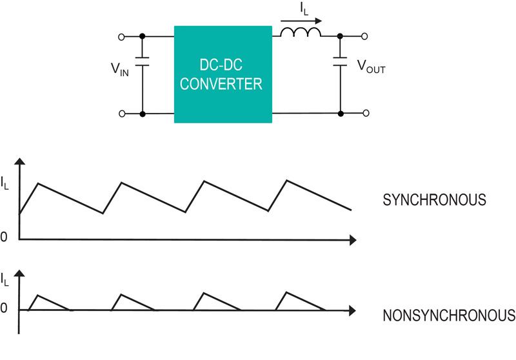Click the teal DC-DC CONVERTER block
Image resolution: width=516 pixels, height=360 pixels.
tap(223, 74)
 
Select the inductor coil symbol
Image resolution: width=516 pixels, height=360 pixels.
tap(301, 32)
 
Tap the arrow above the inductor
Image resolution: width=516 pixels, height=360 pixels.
tap(301, 21)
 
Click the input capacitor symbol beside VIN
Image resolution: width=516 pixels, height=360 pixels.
tap(142, 61)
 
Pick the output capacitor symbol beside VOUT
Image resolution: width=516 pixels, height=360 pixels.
tap(341, 61)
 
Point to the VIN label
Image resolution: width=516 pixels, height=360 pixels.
tap(120, 70)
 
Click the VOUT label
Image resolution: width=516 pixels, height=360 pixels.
tap(372, 67)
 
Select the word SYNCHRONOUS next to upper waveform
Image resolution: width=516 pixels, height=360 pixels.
tap(434, 200)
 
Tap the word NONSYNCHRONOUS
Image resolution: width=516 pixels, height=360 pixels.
tap(449, 315)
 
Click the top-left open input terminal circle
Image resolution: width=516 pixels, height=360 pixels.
tap(121, 37)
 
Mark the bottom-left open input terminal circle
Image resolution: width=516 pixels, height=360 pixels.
tap(122, 114)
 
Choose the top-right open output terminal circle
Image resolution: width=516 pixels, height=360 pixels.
tap(364, 37)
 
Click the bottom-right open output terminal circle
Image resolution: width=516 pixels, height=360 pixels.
tap(366, 113)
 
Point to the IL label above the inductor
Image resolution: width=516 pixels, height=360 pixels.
tap(304, 9)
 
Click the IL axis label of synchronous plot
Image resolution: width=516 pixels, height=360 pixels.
tap(5, 183)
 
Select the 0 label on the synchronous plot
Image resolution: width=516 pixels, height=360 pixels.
tap(4, 237)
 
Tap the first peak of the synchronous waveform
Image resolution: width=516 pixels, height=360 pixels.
tap(39, 183)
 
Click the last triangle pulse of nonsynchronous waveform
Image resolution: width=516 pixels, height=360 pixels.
tap(300, 301)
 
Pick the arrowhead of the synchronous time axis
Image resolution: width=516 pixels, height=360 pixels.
tap(352, 240)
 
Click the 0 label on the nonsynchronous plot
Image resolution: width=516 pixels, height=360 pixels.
tap(4, 308)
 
